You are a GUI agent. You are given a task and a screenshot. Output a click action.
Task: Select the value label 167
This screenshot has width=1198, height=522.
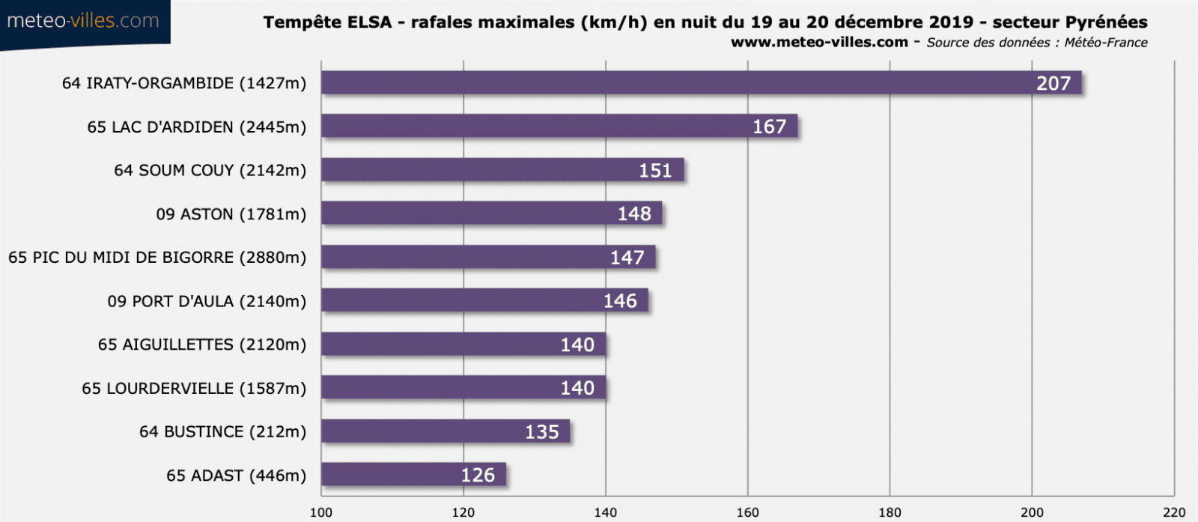pos(769,127)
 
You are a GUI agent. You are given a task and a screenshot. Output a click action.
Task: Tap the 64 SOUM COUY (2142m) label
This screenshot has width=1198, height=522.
pos(210,171)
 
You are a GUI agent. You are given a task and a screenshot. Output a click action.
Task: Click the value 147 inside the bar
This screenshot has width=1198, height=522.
pos(627,258)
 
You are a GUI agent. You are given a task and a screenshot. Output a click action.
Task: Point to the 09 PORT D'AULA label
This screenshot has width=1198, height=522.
pos(207,301)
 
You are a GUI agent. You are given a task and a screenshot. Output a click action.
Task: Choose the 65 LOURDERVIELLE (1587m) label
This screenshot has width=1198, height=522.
pos(194,389)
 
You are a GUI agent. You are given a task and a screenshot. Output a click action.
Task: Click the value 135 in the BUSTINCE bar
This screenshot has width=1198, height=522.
pos(541,432)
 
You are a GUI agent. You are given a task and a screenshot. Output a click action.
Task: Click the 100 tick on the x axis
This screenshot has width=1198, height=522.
pos(321,512)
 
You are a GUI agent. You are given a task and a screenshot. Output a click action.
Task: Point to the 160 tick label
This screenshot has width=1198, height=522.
pos(747,512)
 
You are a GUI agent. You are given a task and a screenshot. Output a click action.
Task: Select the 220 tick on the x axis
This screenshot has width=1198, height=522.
pos(1174,512)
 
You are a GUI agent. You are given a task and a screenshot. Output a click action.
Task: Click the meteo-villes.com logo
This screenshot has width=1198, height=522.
pos(83,21)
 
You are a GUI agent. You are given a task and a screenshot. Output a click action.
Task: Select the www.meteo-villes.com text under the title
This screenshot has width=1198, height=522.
pos(819,43)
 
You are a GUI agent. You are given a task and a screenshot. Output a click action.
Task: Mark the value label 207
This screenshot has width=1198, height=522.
pos(1053,83)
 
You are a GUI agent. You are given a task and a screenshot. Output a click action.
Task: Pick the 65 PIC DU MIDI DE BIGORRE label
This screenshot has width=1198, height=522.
pos(157,258)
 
